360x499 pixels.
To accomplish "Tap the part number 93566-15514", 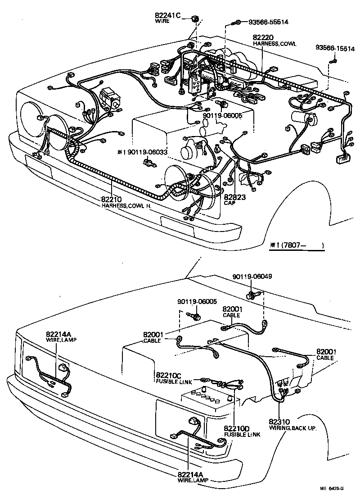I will point(333,47).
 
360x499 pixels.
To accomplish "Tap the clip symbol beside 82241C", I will point(195,18).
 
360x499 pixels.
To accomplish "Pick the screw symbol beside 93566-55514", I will point(236,22).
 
